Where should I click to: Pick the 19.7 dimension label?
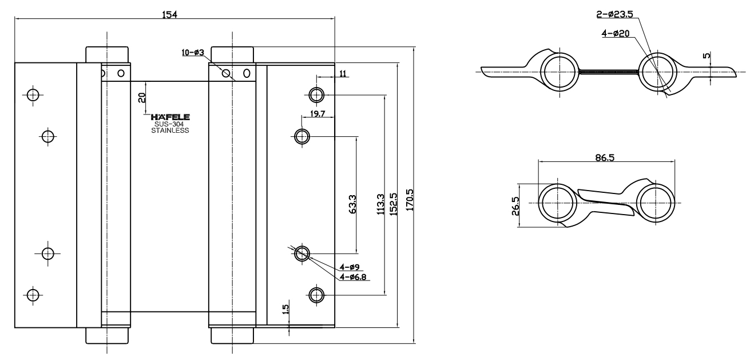[318, 114]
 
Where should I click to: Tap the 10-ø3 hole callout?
[193, 53]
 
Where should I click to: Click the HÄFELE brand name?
[170, 117]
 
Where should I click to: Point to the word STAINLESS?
[170, 130]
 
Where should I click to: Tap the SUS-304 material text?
[170, 124]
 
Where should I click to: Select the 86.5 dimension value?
[605, 157]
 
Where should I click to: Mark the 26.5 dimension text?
[515, 205]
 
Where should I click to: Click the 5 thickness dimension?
[707, 56]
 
